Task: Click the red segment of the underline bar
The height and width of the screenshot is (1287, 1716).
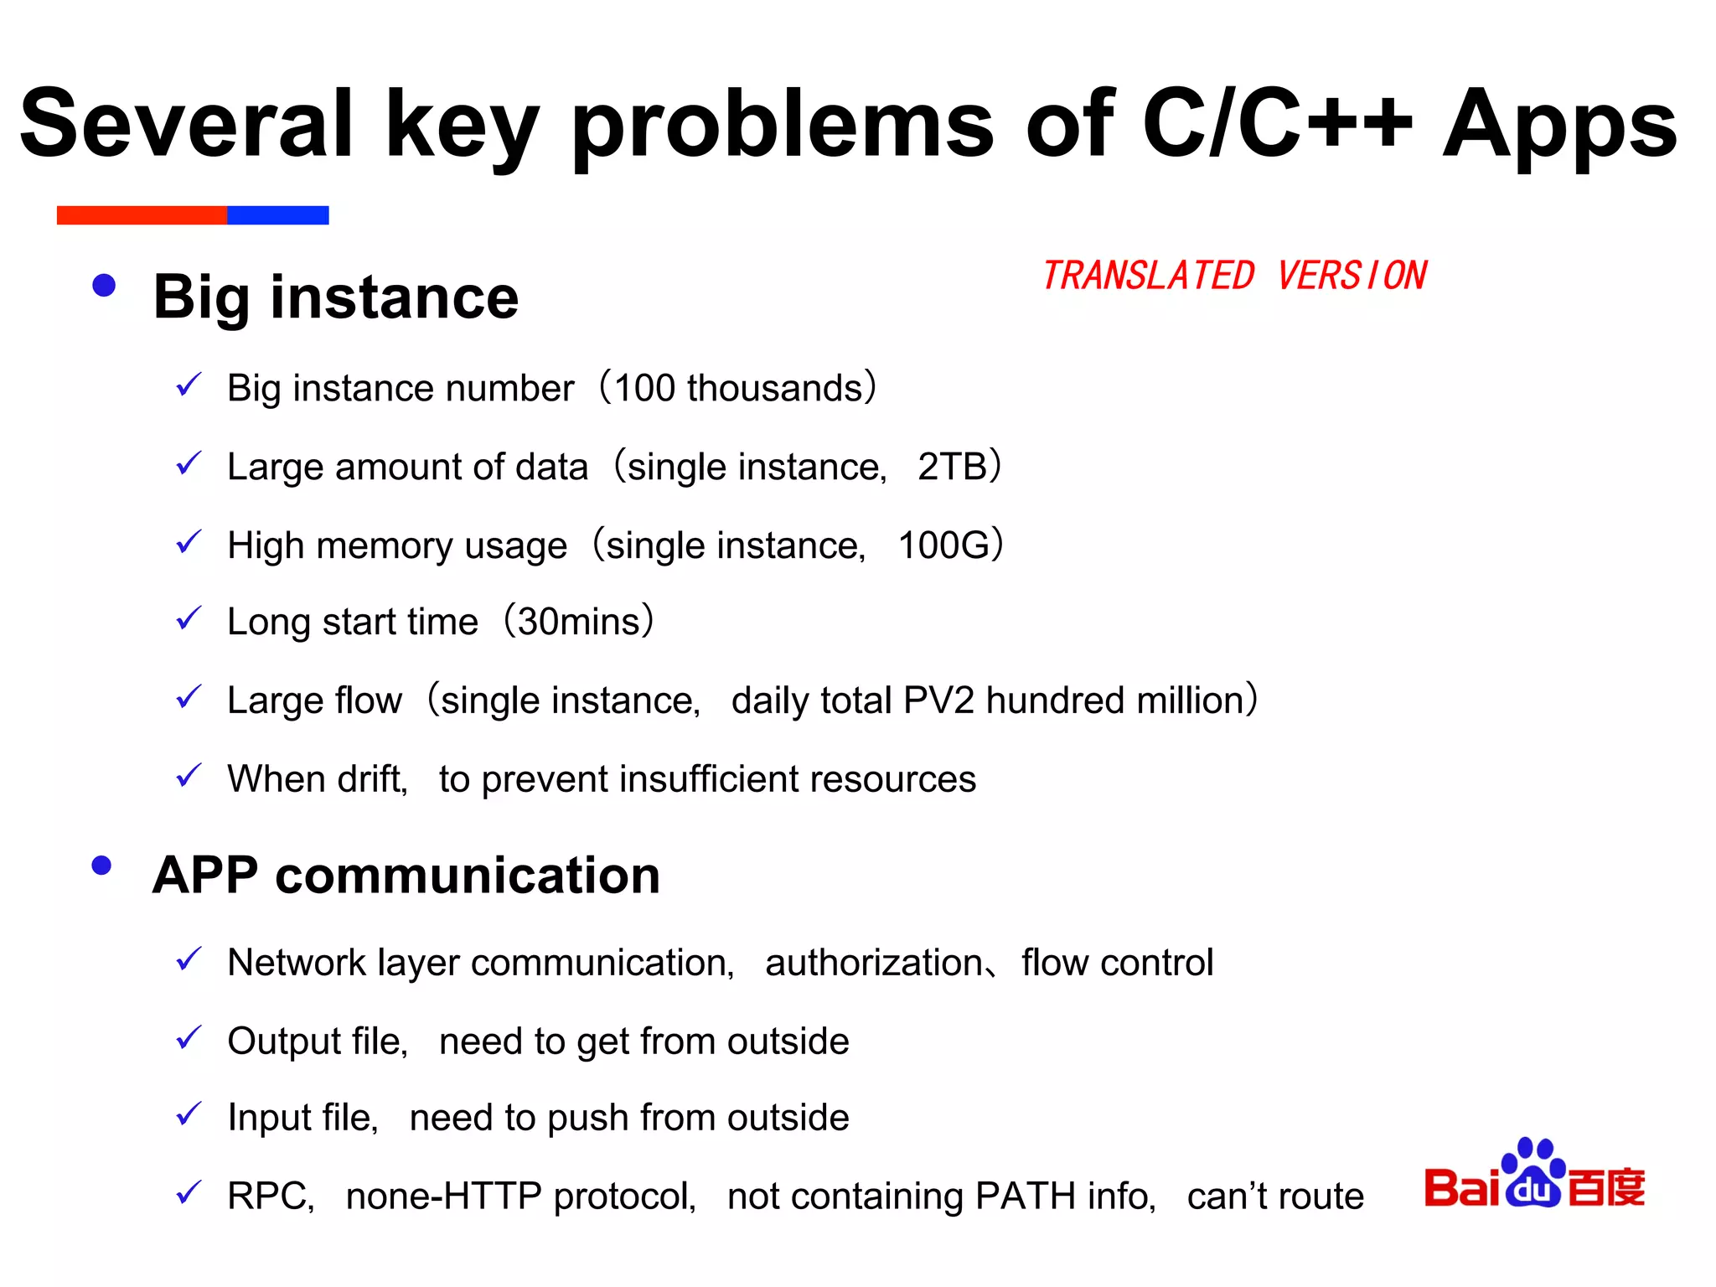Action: [x=142, y=215]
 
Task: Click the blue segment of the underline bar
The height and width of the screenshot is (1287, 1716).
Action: [x=277, y=215]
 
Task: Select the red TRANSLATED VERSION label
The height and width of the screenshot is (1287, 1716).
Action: [x=1234, y=276]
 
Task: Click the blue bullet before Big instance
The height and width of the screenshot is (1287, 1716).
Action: [x=104, y=286]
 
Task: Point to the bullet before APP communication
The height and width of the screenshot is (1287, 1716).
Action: [x=102, y=866]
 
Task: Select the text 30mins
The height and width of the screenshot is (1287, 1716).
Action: [x=579, y=622]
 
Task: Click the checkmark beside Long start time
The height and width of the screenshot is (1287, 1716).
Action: [x=189, y=619]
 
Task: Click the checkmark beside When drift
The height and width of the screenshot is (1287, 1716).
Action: [x=189, y=776]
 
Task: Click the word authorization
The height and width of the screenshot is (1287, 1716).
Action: [x=874, y=963]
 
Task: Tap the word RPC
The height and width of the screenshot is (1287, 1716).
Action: [x=270, y=1197]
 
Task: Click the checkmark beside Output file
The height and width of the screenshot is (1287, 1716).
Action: [x=189, y=1038]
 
